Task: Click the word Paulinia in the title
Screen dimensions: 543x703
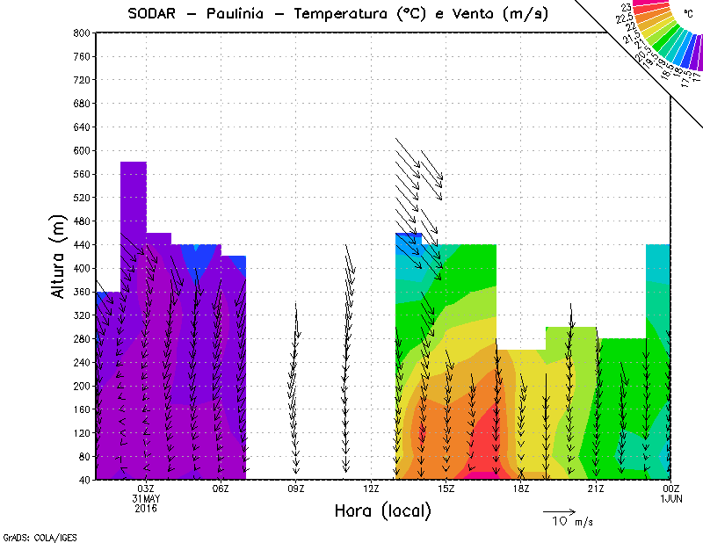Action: (238, 14)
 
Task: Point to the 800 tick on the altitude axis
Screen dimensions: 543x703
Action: (81, 33)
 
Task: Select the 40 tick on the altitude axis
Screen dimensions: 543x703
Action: (83, 480)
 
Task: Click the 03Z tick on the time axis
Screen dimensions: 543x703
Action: (146, 489)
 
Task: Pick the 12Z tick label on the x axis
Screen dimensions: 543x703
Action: (371, 489)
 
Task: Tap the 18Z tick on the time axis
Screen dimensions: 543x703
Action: (521, 489)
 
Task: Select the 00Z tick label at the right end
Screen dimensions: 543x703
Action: (670, 489)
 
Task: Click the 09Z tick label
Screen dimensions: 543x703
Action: (296, 489)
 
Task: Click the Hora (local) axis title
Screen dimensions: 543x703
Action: (382, 510)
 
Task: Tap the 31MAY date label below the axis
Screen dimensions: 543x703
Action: (146, 498)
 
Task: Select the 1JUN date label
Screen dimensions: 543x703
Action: (670, 498)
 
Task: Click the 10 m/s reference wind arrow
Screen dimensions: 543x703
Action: (559, 510)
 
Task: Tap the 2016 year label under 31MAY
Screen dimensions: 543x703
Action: (146, 508)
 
